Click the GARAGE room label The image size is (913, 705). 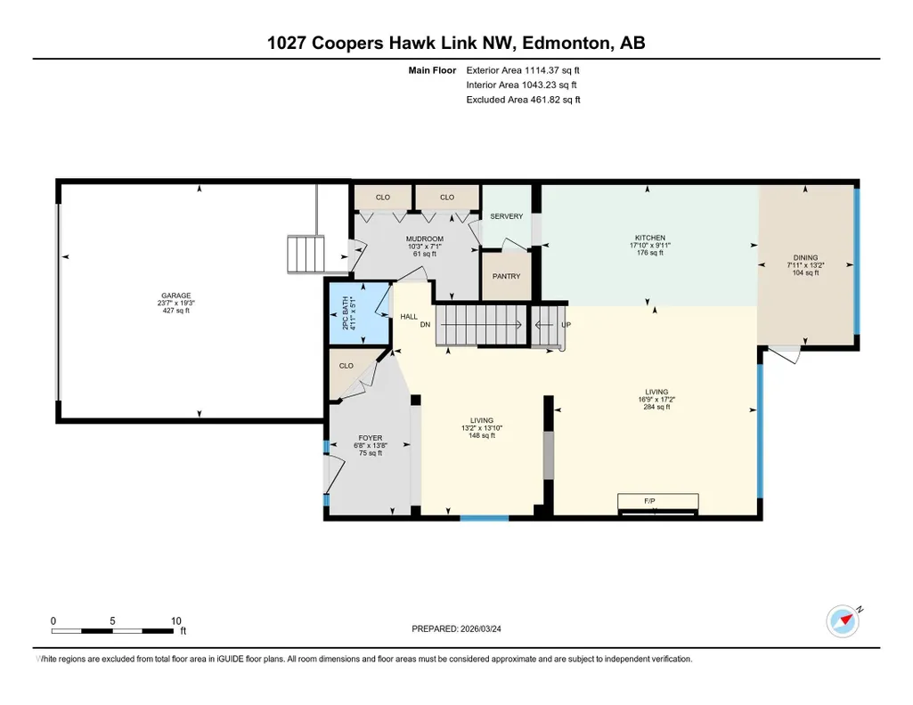coord(175,296)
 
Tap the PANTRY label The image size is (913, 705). coord(506,276)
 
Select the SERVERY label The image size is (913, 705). coord(507,216)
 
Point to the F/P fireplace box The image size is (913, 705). coord(658,503)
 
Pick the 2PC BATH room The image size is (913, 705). coord(360,313)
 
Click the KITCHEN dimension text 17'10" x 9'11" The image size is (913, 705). coord(650,246)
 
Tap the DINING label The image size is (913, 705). coord(806,257)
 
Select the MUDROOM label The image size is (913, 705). coord(425,239)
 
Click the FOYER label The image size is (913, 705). coord(371,438)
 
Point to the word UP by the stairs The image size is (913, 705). coord(566,325)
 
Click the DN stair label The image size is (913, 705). coord(425,325)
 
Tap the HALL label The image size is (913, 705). coord(409,317)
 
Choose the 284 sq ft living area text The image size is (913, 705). coord(656,407)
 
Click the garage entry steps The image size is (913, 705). coord(306,255)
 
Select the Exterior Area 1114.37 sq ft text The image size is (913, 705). coord(523,70)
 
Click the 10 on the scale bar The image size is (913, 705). coord(175,620)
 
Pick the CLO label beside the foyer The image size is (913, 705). coord(346,366)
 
